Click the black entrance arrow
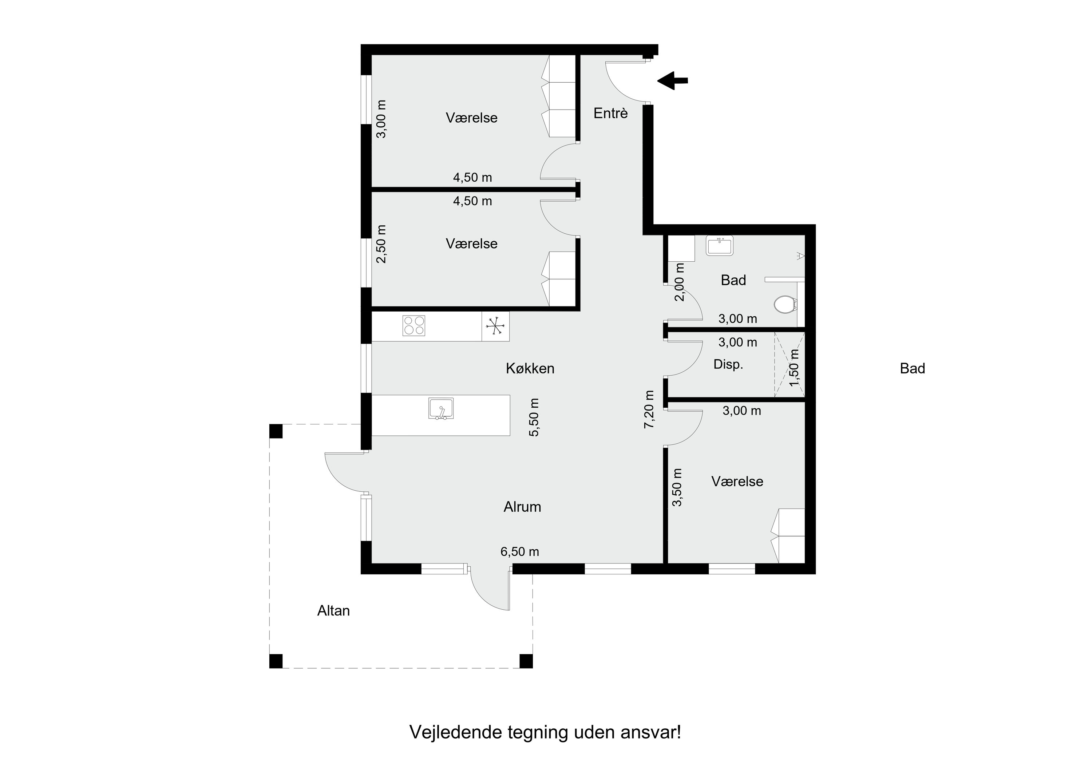[672, 80]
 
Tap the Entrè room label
[611, 113]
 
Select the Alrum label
[522, 507]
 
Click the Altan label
[333, 611]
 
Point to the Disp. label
[728, 365]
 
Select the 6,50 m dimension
[519, 552]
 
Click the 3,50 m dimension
[677, 487]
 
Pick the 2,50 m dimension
[381, 244]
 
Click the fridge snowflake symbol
[495, 326]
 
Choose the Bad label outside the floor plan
[912, 369]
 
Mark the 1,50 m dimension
[794, 368]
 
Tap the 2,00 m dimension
[680, 282]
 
